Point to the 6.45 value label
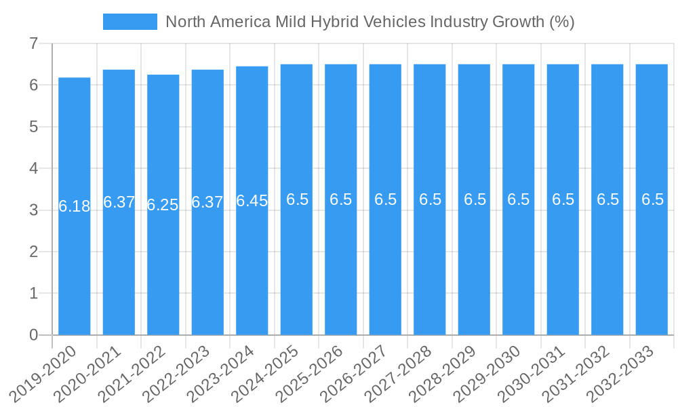(x=252, y=201)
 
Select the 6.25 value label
(x=163, y=205)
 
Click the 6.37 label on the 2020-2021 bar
(x=119, y=202)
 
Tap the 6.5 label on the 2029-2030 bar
(x=519, y=199)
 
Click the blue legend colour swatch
(x=129, y=22)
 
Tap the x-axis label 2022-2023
(x=180, y=372)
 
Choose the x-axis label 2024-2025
(x=268, y=372)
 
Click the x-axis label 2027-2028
(x=401, y=372)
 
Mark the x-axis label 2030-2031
(x=535, y=372)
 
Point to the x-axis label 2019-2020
(x=46, y=372)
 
